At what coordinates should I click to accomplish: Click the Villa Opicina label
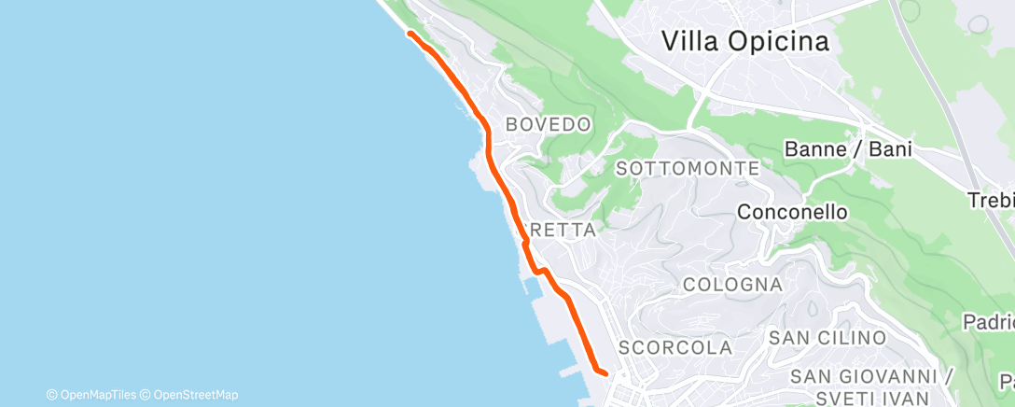pos(744,41)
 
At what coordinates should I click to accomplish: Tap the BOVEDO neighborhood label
pos(548,124)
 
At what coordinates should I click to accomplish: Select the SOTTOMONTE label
pos(688,169)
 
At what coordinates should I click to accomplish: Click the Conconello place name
pos(792,212)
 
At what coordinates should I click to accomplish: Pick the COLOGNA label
pos(732,284)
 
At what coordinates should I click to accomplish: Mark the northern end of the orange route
pos(410,34)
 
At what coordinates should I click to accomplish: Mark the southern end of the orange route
pos(605,373)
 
